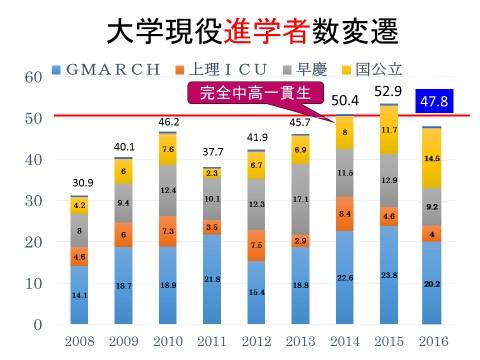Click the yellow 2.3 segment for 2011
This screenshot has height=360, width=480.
click(213, 173)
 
